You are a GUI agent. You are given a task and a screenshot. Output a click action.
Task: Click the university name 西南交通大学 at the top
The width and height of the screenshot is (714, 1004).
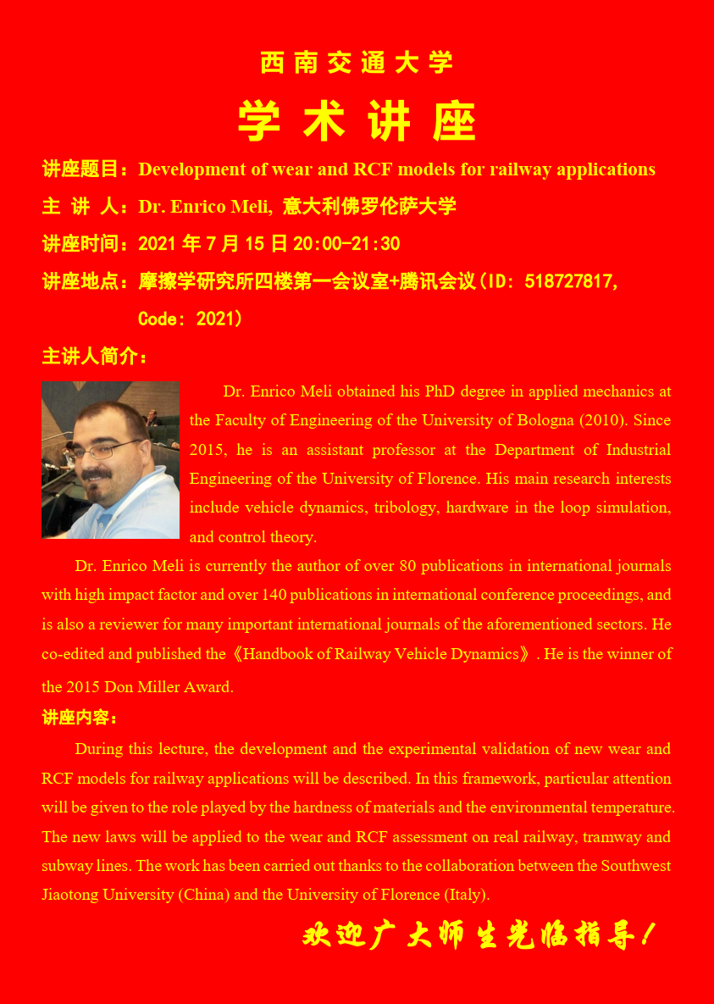pos(357,63)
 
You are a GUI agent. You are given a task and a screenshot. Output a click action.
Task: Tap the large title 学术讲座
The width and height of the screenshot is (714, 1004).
pos(357,121)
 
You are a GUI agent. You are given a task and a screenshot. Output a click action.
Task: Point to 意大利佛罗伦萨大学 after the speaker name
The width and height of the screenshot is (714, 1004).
pos(369,206)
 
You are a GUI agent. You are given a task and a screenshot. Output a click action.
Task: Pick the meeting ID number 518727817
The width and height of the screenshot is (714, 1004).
pos(569,281)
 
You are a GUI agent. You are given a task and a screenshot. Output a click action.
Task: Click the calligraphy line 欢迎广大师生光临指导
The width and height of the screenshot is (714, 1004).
pos(479,936)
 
